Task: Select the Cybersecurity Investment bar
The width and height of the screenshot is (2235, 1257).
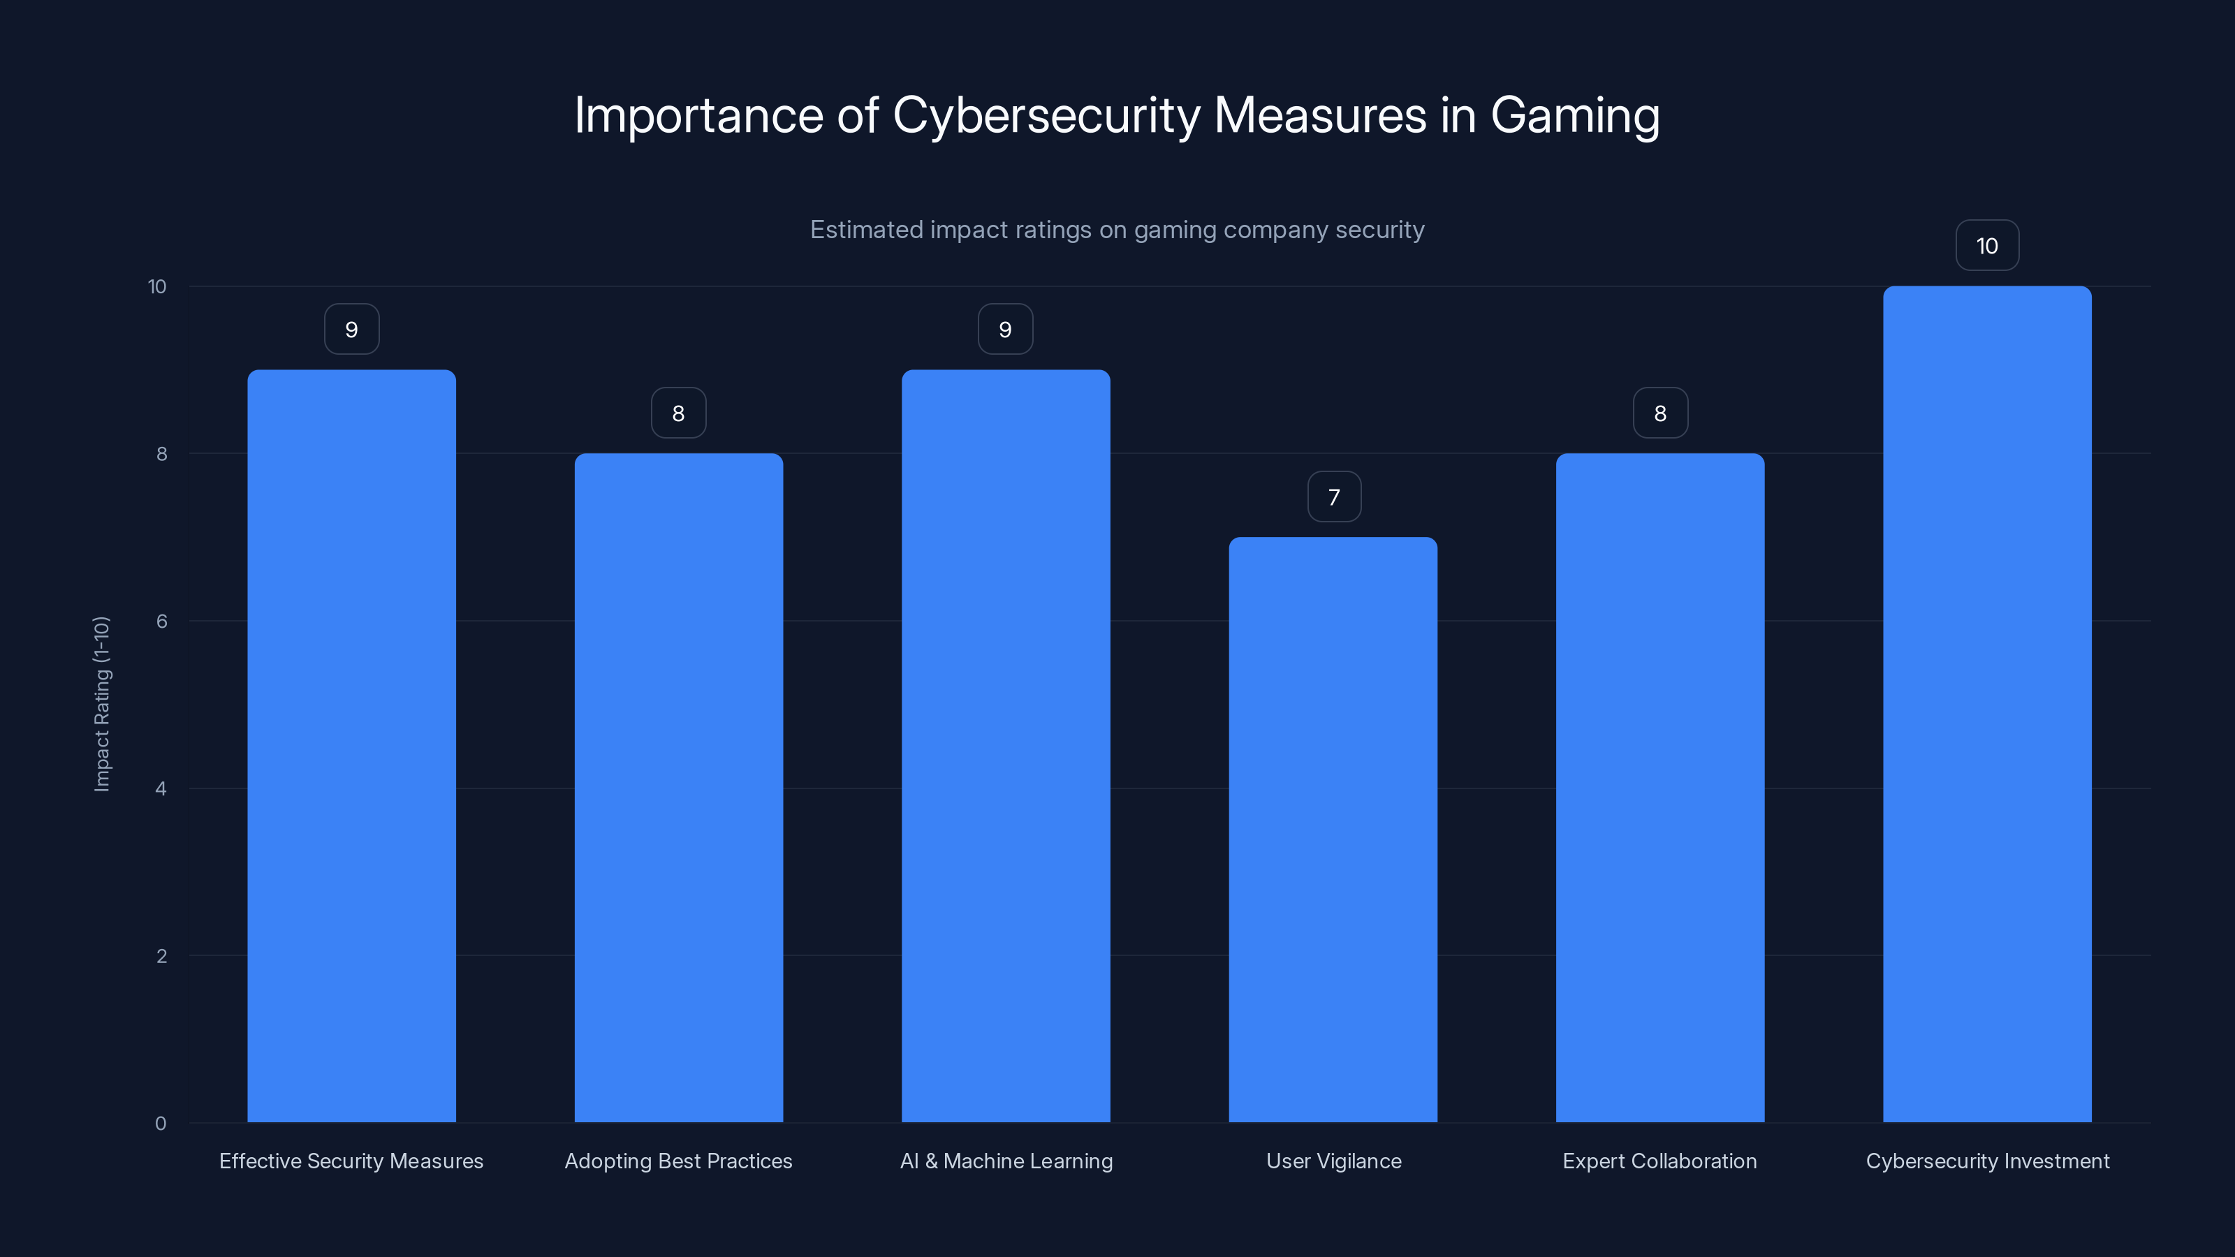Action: [1987, 705]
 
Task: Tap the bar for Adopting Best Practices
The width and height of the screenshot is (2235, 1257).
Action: [678, 788]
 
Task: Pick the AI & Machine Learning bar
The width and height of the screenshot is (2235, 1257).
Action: [1006, 746]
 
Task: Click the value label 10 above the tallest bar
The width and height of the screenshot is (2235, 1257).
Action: [1987, 247]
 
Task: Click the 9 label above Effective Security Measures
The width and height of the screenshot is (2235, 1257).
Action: [351, 330]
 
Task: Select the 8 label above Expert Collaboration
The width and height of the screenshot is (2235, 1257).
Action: [1659, 414]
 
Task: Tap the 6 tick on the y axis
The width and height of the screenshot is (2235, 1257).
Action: [161, 621]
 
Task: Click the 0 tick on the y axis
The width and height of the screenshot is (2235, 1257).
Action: [161, 1124]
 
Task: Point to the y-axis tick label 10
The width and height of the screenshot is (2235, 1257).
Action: [157, 287]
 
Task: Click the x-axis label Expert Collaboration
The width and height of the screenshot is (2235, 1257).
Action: [1659, 1161]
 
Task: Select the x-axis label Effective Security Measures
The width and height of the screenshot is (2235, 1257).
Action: [351, 1161]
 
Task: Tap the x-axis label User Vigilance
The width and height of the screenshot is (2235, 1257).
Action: [1333, 1161]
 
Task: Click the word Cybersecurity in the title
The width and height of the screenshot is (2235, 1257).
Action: [1046, 116]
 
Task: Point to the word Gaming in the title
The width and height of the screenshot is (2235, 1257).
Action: [1575, 116]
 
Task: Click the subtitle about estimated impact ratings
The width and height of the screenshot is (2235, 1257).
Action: [1117, 230]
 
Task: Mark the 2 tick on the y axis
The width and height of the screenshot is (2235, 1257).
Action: [161, 956]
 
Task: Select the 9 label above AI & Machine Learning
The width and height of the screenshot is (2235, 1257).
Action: [1005, 330]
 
